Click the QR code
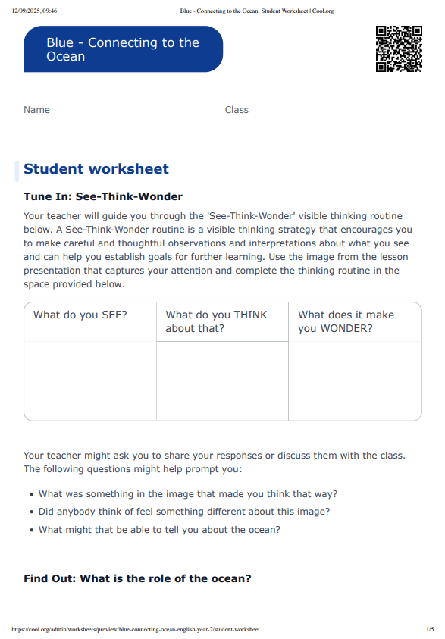click(x=399, y=49)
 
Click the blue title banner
click(x=123, y=49)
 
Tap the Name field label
click(x=36, y=110)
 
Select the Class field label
click(x=237, y=110)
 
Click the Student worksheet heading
click(x=96, y=169)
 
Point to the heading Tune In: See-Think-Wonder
click(x=103, y=196)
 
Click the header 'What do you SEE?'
click(x=80, y=315)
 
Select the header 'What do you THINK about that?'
click(x=216, y=321)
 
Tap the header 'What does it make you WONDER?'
click(x=346, y=321)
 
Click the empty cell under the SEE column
click(x=90, y=381)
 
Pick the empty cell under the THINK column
click(x=222, y=381)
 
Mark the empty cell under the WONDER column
click(x=355, y=381)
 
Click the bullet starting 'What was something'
click(x=188, y=493)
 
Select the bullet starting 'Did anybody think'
click(x=184, y=512)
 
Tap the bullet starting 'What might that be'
click(x=159, y=530)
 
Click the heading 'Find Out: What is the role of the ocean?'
click(x=137, y=578)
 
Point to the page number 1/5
click(x=430, y=629)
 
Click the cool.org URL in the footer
click(x=136, y=629)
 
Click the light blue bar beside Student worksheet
click(x=17, y=171)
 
